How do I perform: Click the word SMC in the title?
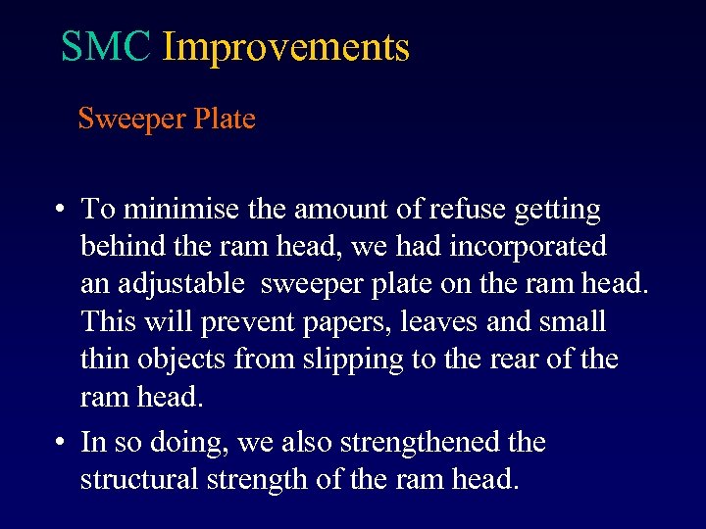pyautogui.click(x=106, y=47)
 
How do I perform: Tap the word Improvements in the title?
pyautogui.click(x=285, y=47)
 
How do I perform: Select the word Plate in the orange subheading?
pyautogui.click(x=225, y=120)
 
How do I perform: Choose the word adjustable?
pyautogui.click(x=181, y=285)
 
